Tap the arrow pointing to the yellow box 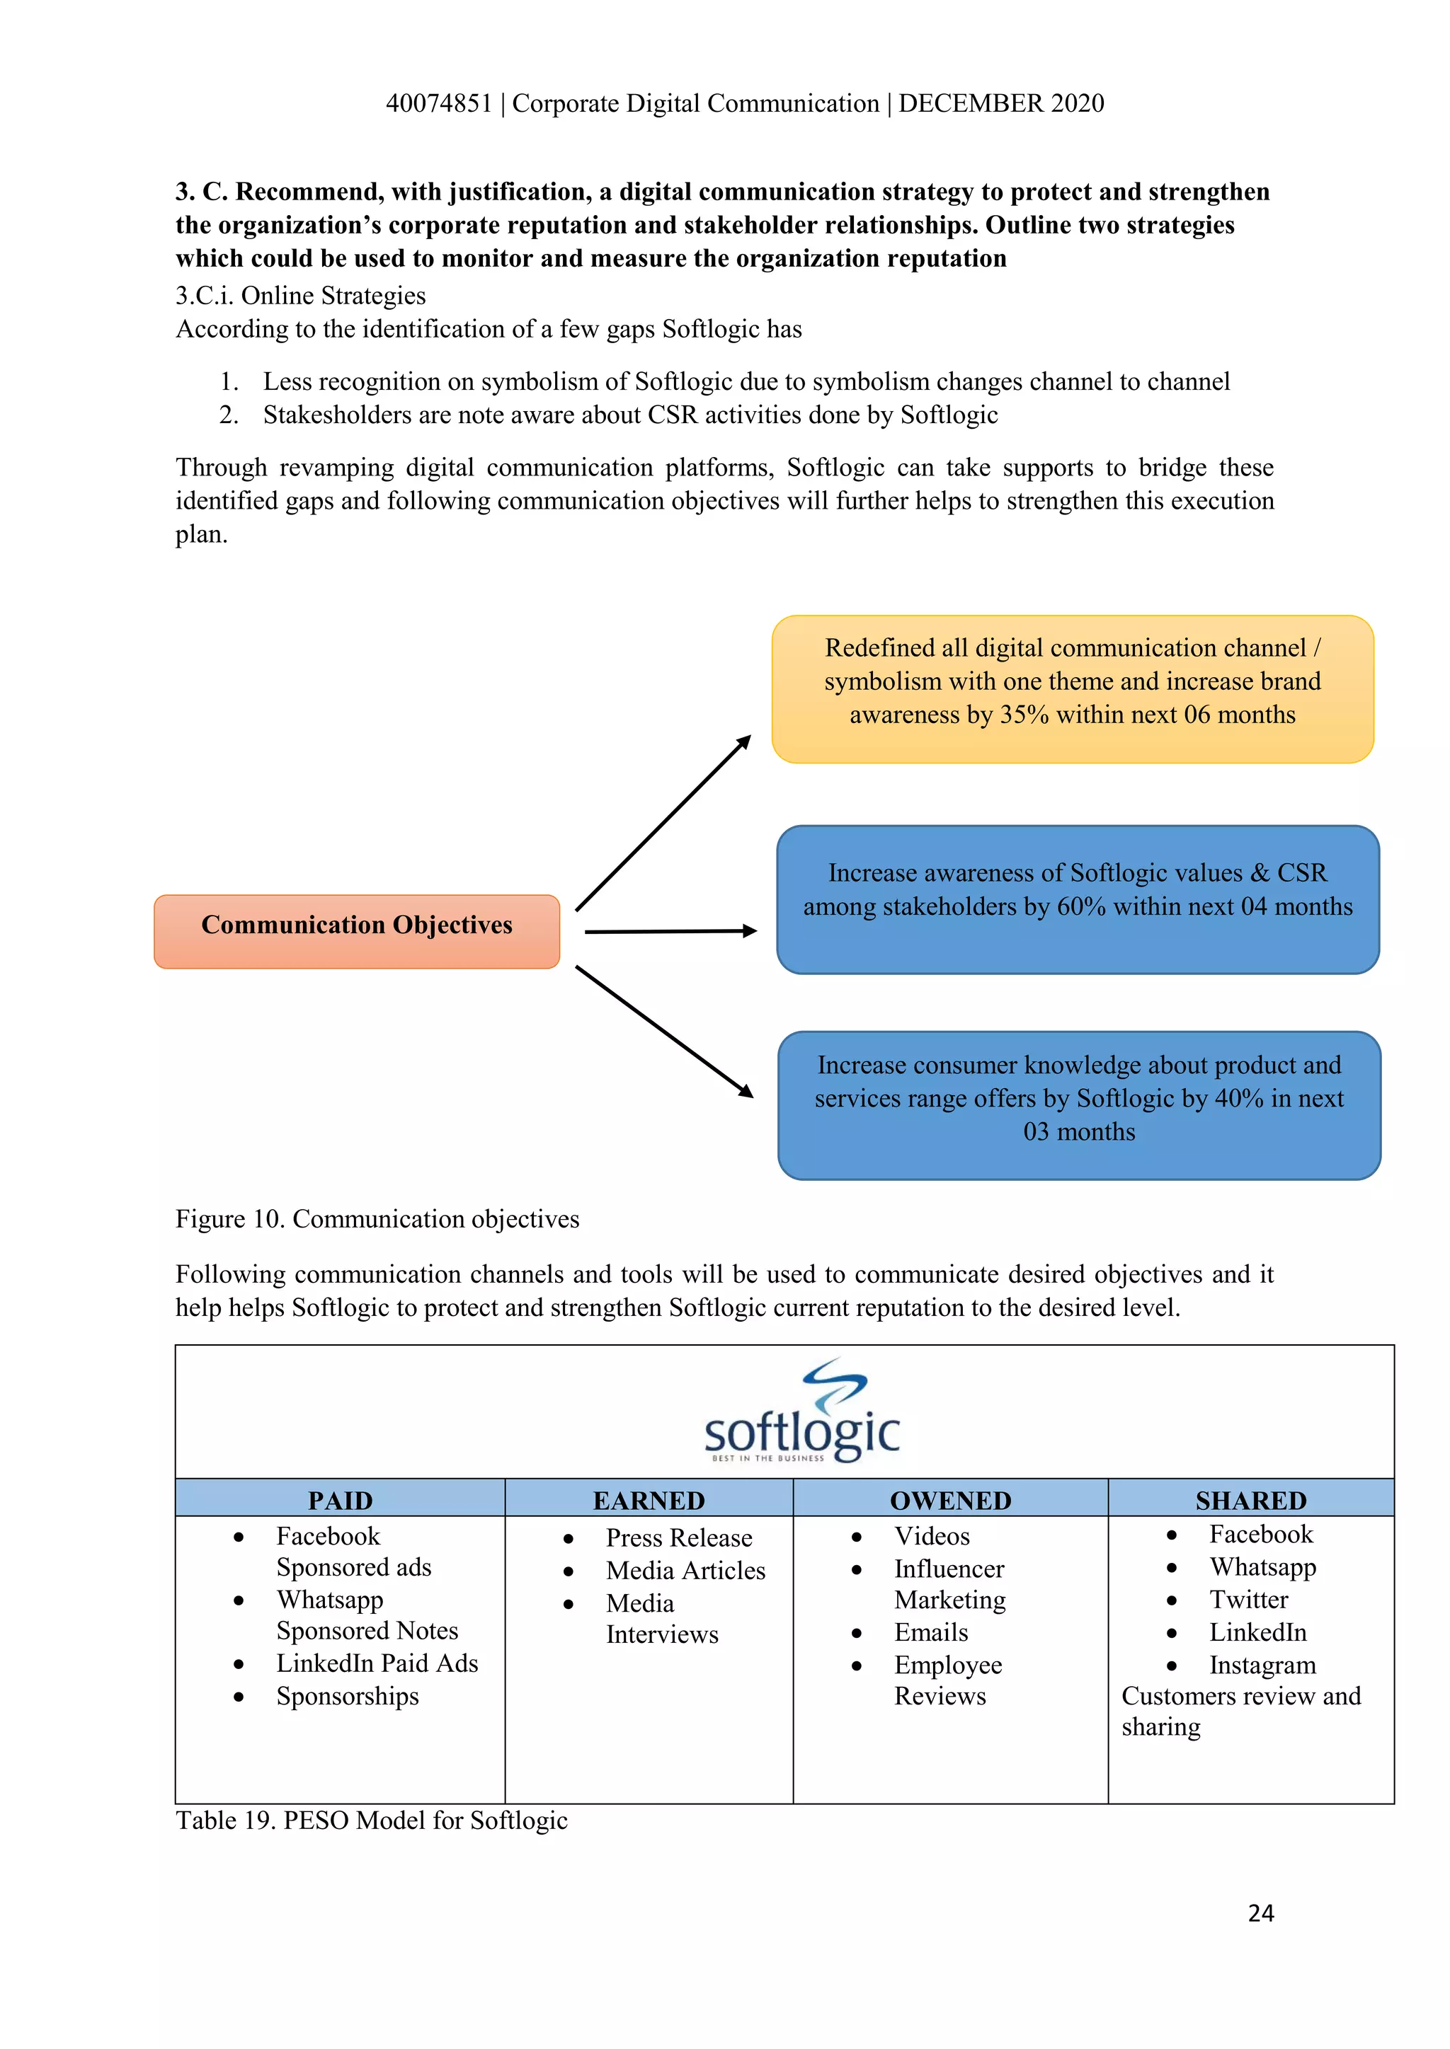[x=663, y=823]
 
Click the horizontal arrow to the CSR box [x=670, y=931]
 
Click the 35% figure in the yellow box [x=1023, y=715]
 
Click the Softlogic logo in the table [x=801, y=1411]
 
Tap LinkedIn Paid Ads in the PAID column [x=377, y=1663]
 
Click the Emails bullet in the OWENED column [x=930, y=1632]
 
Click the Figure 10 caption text [x=377, y=1219]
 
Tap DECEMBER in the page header [x=971, y=103]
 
